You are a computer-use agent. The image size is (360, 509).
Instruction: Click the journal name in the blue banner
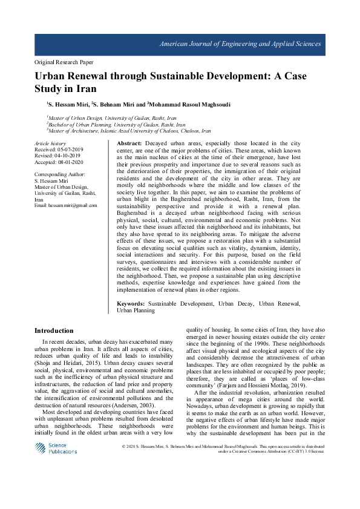pos(240,45)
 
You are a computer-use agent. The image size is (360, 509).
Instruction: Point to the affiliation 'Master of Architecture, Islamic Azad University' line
pos(129,130)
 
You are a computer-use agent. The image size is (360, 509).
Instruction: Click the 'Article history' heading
pos(51,143)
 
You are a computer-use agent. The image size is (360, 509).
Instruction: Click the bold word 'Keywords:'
pos(131,302)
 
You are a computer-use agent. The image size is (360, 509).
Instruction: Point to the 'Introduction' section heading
pos(53,330)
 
